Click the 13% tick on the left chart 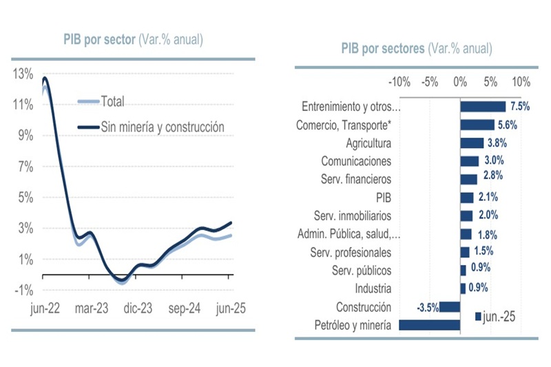[x=22, y=73]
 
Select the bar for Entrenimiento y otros [x=483, y=107]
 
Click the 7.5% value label [x=519, y=107]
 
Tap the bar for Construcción [x=450, y=307]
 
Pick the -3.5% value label [x=427, y=307]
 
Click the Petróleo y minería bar [x=429, y=325]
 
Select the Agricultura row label [x=368, y=143]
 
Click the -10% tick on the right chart [x=399, y=83]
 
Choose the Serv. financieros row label [x=353, y=179]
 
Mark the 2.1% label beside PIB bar [x=487, y=197]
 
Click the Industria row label [x=373, y=289]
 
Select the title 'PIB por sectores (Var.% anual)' [x=416, y=48]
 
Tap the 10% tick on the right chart [x=521, y=83]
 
